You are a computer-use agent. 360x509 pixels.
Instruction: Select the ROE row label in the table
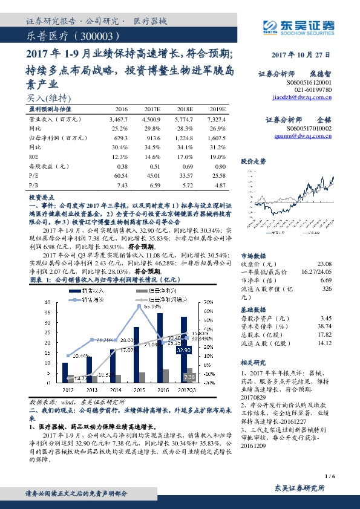point(34,157)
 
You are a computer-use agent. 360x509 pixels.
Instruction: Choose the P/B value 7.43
point(122,184)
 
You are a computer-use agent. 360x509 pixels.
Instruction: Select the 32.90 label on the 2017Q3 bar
point(184,350)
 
